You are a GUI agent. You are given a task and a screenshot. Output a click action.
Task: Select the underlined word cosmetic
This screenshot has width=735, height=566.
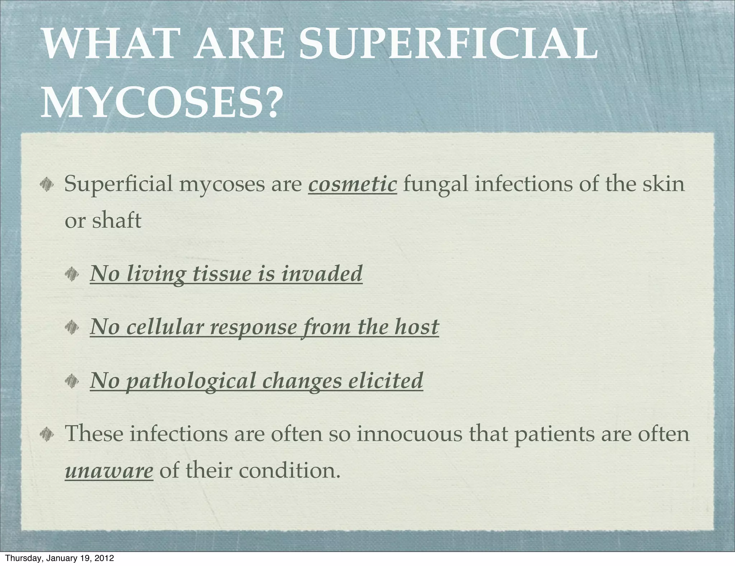click(x=352, y=184)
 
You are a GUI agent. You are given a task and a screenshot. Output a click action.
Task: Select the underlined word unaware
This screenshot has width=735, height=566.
click(x=109, y=471)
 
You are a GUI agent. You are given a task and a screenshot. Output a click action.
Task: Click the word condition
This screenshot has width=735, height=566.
click(x=289, y=470)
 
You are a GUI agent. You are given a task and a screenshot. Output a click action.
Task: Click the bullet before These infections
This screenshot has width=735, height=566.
click(x=47, y=435)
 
